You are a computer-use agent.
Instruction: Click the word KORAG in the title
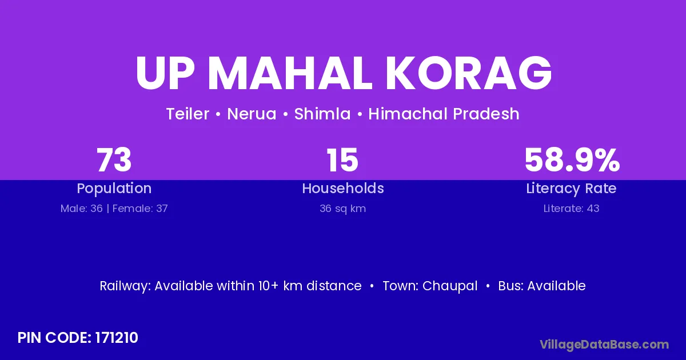(x=468, y=73)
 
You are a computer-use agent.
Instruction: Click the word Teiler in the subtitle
(x=188, y=114)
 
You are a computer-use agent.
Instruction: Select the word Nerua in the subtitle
(x=252, y=114)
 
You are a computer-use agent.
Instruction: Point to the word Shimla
(x=322, y=114)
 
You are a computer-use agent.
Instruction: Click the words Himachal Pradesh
(x=444, y=114)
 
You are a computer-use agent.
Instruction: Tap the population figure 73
(x=114, y=160)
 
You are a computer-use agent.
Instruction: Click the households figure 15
(x=342, y=160)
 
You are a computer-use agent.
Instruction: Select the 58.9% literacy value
(x=572, y=160)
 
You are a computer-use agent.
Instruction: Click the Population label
(x=114, y=189)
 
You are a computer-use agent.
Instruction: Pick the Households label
(x=343, y=188)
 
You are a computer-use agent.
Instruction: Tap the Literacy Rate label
(x=572, y=189)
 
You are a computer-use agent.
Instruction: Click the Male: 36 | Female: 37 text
(x=114, y=209)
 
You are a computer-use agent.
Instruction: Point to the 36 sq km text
(x=343, y=209)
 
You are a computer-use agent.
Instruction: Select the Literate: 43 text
(x=572, y=209)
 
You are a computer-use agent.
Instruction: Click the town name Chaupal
(x=450, y=286)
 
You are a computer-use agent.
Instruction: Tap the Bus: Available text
(x=542, y=286)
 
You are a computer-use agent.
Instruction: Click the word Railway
(x=125, y=286)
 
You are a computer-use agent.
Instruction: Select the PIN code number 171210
(x=117, y=338)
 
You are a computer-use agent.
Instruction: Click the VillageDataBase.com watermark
(x=604, y=345)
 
